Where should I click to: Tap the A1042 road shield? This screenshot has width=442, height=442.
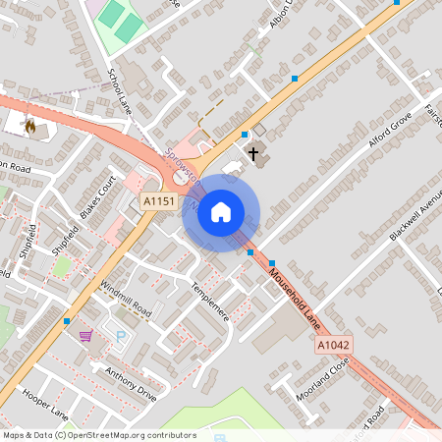pyautogui.click(x=334, y=346)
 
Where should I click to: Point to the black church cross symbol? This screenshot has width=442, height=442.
pyautogui.click(x=254, y=153)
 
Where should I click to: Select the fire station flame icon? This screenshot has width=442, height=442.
pyautogui.click(x=29, y=125)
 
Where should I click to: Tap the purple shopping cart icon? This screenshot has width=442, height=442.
pyautogui.click(x=86, y=335)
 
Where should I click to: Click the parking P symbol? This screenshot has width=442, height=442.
pyautogui.click(x=122, y=337)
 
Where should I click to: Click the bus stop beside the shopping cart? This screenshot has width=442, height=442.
pyautogui.click(x=67, y=320)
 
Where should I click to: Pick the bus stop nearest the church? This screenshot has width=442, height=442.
pyautogui.click(x=245, y=134)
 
